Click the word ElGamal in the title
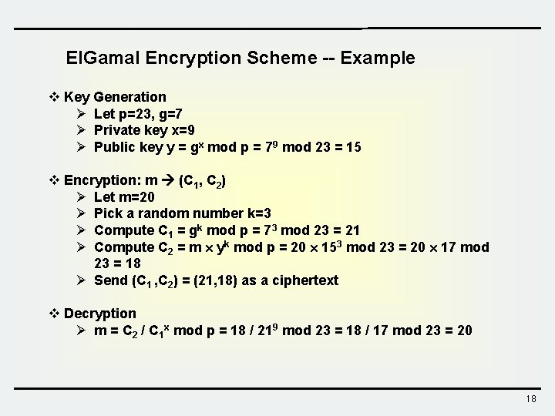click(x=99, y=58)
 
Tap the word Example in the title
click(x=378, y=58)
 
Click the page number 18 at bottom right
click(x=530, y=399)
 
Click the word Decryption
click(x=100, y=314)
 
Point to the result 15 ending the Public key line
click(x=353, y=147)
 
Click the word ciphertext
click(x=307, y=280)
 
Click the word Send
click(x=109, y=280)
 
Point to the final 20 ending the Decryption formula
click(x=465, y=330)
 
